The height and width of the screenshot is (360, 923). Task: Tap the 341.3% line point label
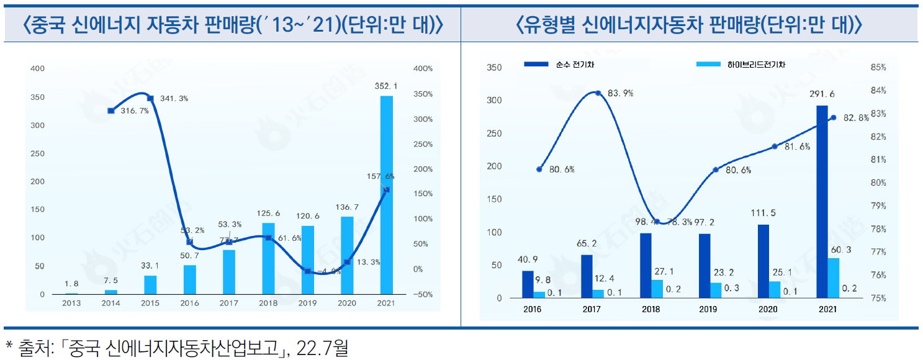point(174,99)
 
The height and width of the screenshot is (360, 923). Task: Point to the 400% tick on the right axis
point(422,68)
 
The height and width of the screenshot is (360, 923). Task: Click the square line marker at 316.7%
point(110,110)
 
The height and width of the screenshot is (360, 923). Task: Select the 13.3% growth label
point(367,262)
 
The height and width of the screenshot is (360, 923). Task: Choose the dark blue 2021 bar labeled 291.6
point(822,202)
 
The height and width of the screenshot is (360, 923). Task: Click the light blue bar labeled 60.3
point(833,278)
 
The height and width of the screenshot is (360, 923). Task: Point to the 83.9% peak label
point(620,93)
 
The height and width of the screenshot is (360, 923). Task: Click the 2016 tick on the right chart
point(533,309)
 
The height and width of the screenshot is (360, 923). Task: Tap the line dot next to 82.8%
point(833,117)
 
